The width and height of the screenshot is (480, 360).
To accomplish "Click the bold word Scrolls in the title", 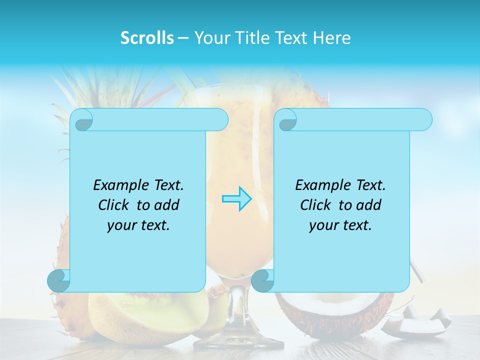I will coord(147,38).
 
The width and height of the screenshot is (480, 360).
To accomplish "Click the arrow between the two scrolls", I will coord(236,199).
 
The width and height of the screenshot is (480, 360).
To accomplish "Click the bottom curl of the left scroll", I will coord(58,281).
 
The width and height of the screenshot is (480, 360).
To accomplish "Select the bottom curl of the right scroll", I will coord(262,281).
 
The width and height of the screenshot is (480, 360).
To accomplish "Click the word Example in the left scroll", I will coord(118,185).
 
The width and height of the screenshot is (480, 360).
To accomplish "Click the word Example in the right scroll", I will coord(320,185).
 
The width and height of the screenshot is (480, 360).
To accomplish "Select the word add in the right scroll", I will coord(369,205).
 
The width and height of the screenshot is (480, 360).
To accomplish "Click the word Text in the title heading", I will coord(290,38).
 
